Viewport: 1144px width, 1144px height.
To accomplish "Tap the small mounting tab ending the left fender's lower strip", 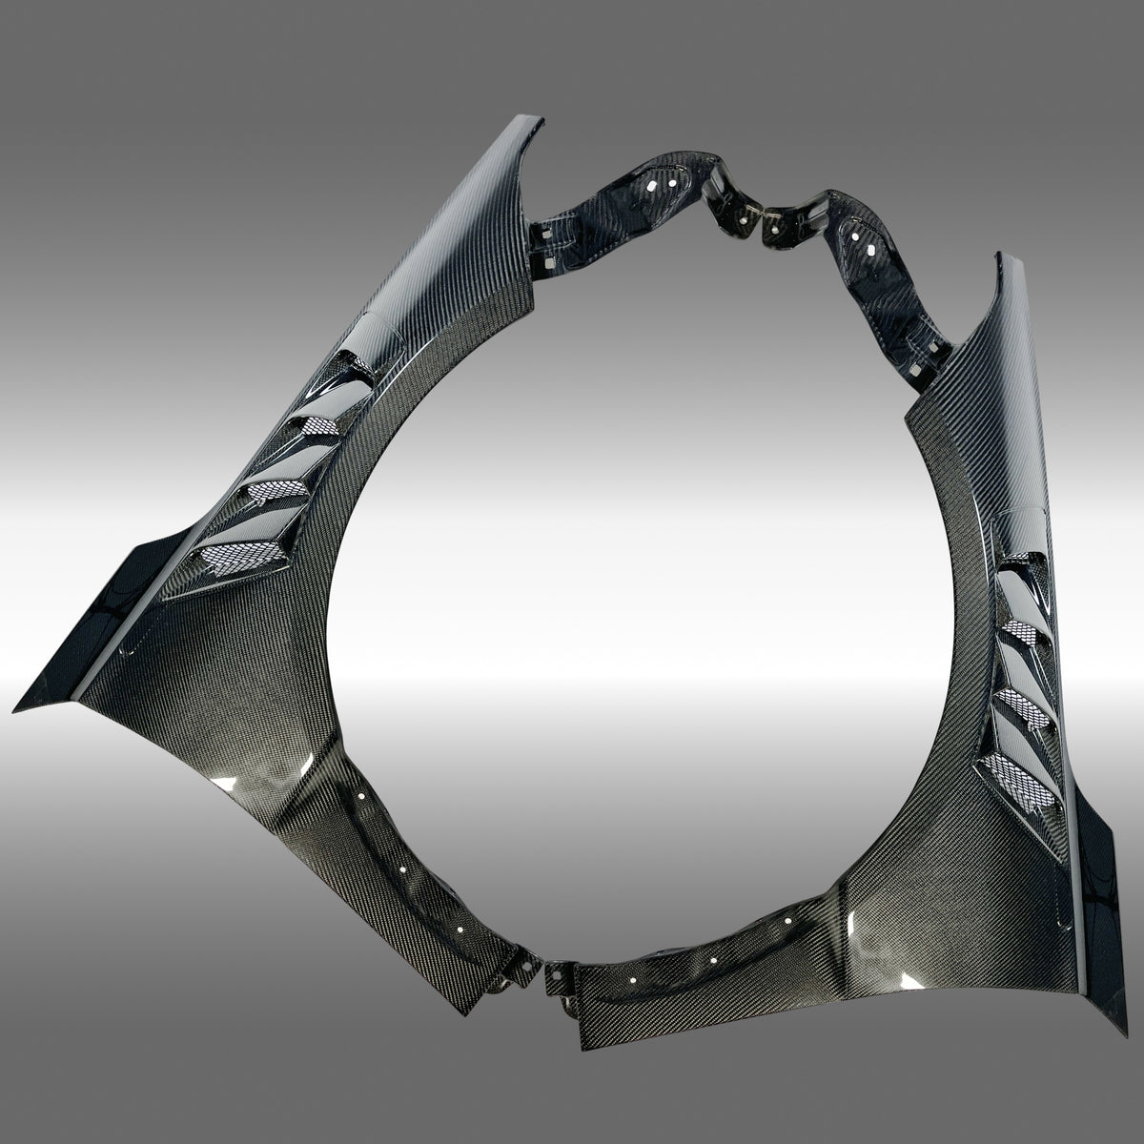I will (x=511, y=972).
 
